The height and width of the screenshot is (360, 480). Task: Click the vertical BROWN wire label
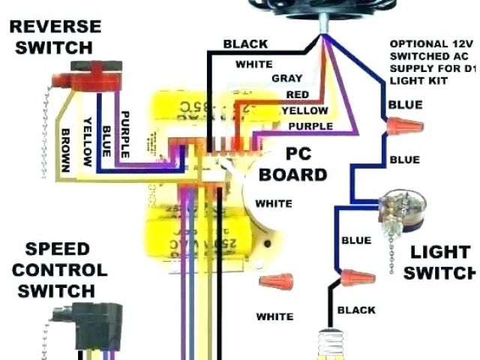[65, 149]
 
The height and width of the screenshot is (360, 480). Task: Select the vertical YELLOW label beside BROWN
[87, 141]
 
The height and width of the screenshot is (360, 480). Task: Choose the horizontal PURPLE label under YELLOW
[310, 126]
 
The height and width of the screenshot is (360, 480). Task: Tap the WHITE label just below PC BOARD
[274, 203]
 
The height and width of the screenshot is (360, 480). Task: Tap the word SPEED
[58, 248]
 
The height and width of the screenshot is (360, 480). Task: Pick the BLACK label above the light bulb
[356, 310]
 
